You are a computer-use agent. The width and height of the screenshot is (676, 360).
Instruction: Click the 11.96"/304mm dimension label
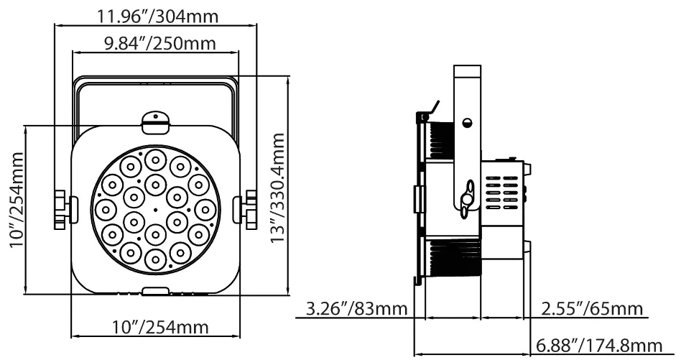pos(158,17)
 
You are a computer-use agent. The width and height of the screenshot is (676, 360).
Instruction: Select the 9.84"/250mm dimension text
pos(160,44)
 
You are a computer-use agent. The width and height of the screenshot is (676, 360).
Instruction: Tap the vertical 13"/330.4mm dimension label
pos(277,188)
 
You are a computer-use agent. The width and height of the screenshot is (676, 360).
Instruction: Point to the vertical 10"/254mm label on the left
pos(17,199)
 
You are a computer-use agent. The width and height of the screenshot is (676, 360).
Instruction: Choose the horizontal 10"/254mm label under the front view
pos(160,327)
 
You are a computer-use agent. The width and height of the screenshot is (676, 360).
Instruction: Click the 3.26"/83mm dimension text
pos(356,309)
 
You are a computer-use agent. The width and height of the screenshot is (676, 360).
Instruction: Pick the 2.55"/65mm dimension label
pos(593,309)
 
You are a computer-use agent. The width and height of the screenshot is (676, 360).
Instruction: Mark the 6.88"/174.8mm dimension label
pos(599,346)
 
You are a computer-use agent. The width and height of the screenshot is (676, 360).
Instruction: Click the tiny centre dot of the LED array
pos(156,211)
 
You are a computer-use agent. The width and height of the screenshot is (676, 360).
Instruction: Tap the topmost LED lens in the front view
pos(156,160)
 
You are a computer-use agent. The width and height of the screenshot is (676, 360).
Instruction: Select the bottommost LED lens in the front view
pos(156,259)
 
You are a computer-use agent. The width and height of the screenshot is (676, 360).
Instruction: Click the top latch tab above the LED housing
pos(156,122)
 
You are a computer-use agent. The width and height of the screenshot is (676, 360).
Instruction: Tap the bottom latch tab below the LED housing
pos(156,291)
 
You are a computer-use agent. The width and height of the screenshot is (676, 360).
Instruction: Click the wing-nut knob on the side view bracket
pos(467,199)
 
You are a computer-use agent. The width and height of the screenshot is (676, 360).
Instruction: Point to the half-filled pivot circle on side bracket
pos(467,122)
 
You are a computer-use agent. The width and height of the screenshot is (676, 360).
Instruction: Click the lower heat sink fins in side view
pos(453,257)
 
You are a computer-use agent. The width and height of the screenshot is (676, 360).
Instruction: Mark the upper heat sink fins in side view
pos(440,139)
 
